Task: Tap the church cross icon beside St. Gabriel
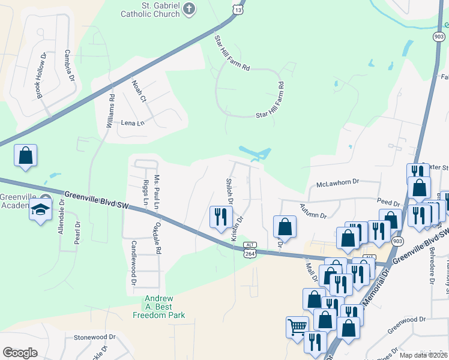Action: [x=190, y=9]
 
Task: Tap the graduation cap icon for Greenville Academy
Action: [x=41, y=210]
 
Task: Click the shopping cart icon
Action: [x=297, y=328]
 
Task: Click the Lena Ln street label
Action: [x=133, y=123]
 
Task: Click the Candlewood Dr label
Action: [x=133, y=263]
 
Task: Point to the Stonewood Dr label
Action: [x=95, y=337]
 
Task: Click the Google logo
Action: [x=20, y=353]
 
